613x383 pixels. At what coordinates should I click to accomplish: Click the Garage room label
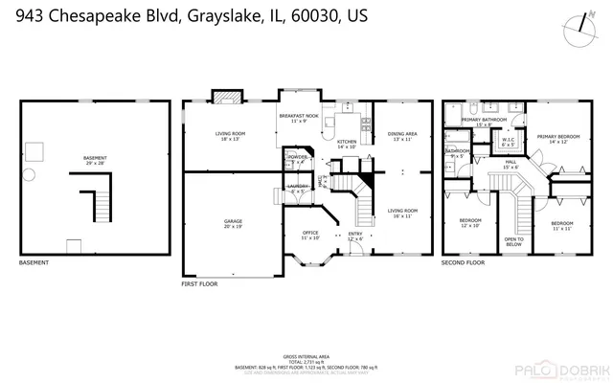tap(234, 223)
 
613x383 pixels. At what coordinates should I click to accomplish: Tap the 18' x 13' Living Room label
tap(230, 136)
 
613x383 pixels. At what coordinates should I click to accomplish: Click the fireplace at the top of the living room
tap(226, 96)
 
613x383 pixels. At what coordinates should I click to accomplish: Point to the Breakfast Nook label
tap(298, 118)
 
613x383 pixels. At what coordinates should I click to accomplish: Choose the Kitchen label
tap(346, 144)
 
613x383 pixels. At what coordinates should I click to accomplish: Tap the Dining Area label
tap(402, 136)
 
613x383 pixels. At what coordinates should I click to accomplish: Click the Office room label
tap(310, 236)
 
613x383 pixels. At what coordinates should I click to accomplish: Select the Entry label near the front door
tap(355, 236)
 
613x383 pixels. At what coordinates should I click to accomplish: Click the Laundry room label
tap(297, 188)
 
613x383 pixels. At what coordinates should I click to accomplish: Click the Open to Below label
tap(513, 241)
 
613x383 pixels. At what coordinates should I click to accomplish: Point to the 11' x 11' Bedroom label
tap(561, 225)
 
